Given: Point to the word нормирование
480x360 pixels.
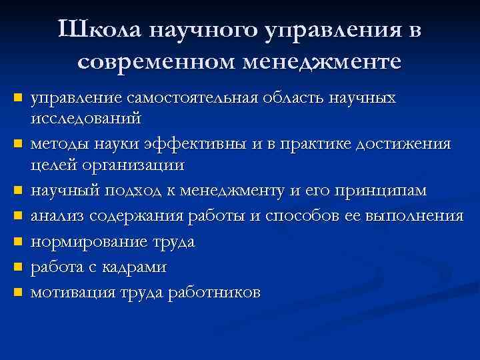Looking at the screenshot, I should coord(84,242).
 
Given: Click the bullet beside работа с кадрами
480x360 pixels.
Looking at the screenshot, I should coord(18,267).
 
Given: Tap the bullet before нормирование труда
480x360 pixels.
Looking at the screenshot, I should coord(18,241).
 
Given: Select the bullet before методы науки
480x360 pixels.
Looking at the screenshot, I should coord(18,143).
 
